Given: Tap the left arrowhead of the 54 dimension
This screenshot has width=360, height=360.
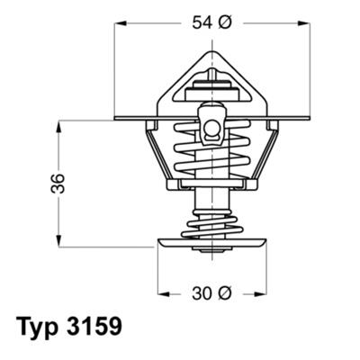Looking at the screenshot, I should click(x=120, y=25).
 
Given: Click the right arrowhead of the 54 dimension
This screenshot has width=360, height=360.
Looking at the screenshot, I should click(x=304, y=25).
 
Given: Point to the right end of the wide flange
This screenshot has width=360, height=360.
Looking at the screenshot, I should click(x=305, y=118).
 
